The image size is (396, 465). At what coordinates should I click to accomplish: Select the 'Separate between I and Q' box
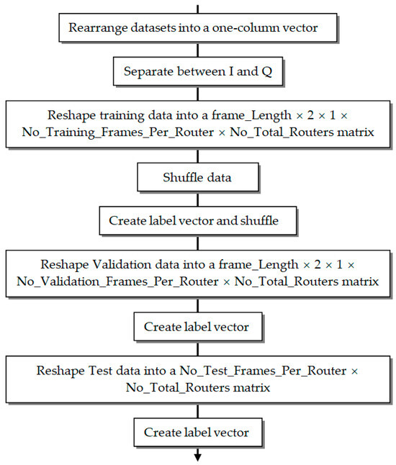197,71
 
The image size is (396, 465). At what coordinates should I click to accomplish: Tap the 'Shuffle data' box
197,176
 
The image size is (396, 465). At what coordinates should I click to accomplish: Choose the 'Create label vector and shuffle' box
197,220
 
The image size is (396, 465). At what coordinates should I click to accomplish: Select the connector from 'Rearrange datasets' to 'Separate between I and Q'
197,50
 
